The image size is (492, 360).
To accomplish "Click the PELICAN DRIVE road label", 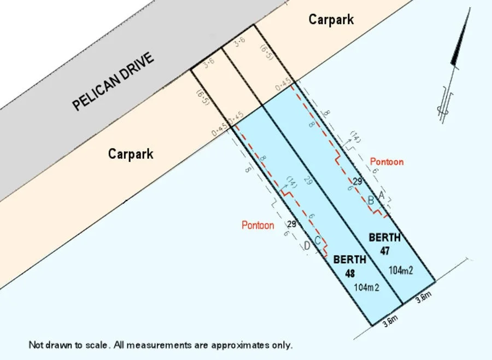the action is (114, 82).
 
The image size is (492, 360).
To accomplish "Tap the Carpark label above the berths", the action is (331, 20).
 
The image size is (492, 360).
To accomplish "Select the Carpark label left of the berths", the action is (131, 154).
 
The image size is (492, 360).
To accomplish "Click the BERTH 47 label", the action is (384, 243).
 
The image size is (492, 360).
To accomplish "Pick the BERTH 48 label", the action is (350, 265).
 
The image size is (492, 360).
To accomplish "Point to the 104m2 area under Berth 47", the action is (400, 270).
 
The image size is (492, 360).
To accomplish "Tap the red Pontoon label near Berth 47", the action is (386, 162).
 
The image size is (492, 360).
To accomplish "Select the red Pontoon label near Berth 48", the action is (258, 225).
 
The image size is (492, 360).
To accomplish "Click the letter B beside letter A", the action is (371, 201).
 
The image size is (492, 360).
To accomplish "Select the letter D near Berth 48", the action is (307, 247).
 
